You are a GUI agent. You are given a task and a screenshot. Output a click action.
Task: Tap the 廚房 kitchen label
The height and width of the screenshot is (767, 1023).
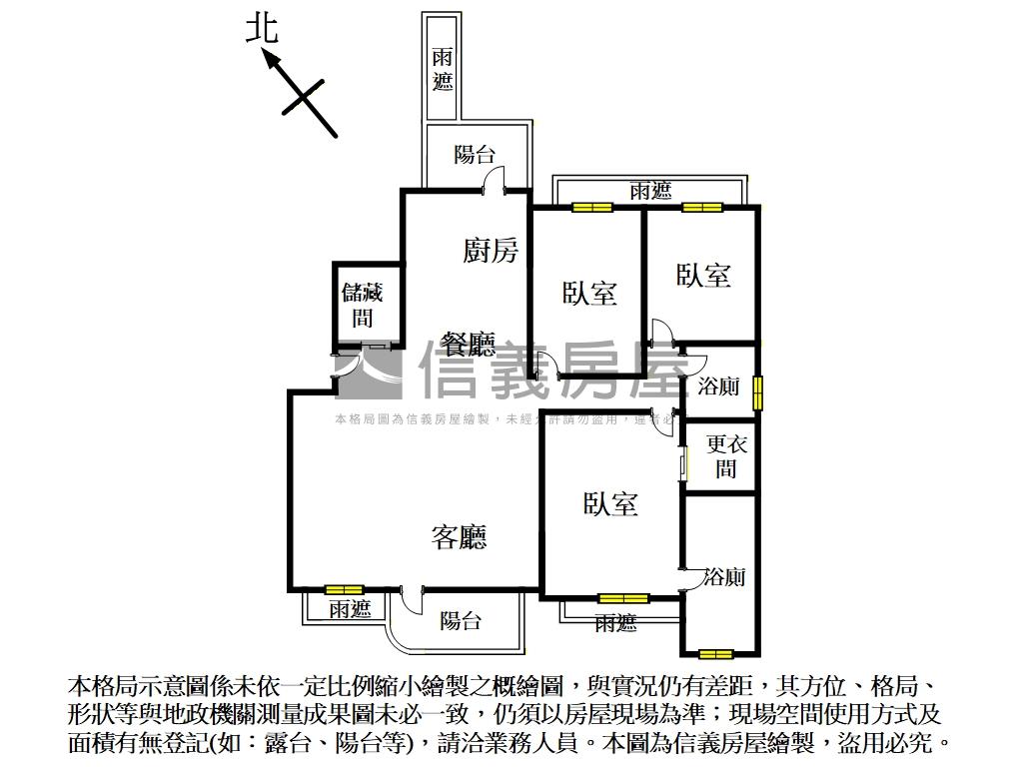click(x=491, y=251)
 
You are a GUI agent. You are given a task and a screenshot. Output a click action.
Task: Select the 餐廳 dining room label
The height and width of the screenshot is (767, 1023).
click(x=468, y=346)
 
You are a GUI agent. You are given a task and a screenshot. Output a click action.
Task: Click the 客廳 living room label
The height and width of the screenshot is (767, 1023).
click(x=460, y=538)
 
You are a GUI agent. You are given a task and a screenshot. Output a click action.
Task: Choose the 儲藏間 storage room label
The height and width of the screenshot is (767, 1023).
click(x=363, y=306)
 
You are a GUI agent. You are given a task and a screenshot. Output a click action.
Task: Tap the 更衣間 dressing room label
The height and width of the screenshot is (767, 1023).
click(x=726, y=456)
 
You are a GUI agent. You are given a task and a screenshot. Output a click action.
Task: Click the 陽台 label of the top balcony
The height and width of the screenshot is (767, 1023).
click(x=474, y=155)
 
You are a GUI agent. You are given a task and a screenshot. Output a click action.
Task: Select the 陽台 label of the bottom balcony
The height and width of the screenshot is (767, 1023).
click(x=461, y=621)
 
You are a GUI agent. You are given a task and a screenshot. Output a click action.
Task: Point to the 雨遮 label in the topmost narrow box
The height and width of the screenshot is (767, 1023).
click(x=443, y=70)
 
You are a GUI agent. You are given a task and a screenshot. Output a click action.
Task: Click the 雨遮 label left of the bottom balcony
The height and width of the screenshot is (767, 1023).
click(x=350, y=608)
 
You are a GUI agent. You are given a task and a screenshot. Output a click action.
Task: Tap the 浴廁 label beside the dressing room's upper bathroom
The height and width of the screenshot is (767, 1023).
click(x=718, y=385)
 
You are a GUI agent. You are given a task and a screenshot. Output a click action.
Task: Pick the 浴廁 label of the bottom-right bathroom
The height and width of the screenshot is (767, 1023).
click(x=724, y=576)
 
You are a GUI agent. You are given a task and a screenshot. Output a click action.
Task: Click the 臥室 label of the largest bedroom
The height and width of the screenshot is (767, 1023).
click(x=610, y=504)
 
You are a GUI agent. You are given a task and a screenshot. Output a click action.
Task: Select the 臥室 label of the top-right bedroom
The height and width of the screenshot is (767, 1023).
click(x=703, y=276)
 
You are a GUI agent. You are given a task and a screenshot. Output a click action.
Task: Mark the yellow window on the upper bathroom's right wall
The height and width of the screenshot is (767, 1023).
click(x=758, y=391)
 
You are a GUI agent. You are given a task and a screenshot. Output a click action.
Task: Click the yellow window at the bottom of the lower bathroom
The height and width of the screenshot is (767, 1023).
click(x=715, y=655)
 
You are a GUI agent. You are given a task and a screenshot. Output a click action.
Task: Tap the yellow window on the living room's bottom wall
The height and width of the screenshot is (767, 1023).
click(x=345, y=589)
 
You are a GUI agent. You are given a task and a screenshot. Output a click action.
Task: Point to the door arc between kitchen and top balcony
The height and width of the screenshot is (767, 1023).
click(x=493, y=180)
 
